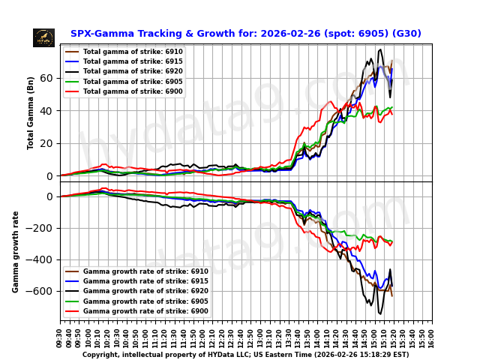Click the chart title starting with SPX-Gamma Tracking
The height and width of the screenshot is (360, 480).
pos(245,34)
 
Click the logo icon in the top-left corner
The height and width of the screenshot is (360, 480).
pos(43,37)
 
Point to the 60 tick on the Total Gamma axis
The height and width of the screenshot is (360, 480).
pos(47,78)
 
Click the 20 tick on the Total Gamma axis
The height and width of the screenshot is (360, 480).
pos(47,143)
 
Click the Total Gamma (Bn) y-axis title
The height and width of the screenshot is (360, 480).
pos(31,112)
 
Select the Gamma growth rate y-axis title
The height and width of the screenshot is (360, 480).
pos(16,251)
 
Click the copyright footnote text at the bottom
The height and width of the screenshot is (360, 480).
pos(245,355)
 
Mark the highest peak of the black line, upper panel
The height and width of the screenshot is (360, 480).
pos(381,50)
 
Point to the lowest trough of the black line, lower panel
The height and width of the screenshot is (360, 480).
pos(380,313)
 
